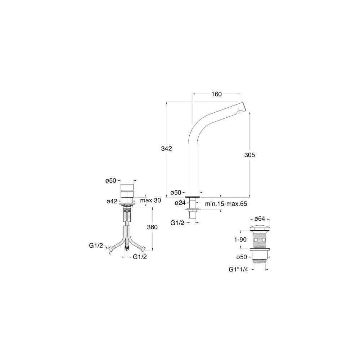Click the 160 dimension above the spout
coord(216,94)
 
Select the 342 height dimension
coord(166,149)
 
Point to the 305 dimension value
coord(249,155)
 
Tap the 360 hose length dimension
coord(152,227)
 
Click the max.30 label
coord(150,200)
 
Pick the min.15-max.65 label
coord(226,204)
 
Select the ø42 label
coord(112,201)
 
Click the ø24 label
coord(180,203)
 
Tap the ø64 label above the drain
coord(260,219)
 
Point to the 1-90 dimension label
coord(240,240)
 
